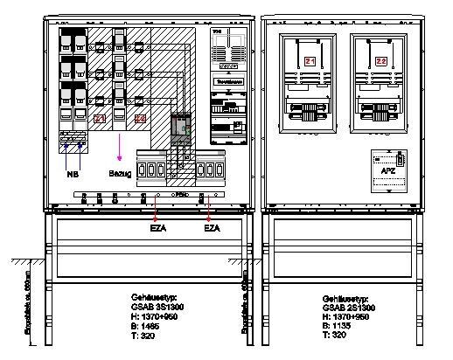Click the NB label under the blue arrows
(73, 174)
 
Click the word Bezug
(120, 175)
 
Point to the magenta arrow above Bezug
(120, 149)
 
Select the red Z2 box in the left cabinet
(140, 118)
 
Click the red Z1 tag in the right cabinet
(310, 60)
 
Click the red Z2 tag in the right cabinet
(380, 60)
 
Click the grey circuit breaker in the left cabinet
(182, 129)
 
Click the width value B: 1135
(340, 326)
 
